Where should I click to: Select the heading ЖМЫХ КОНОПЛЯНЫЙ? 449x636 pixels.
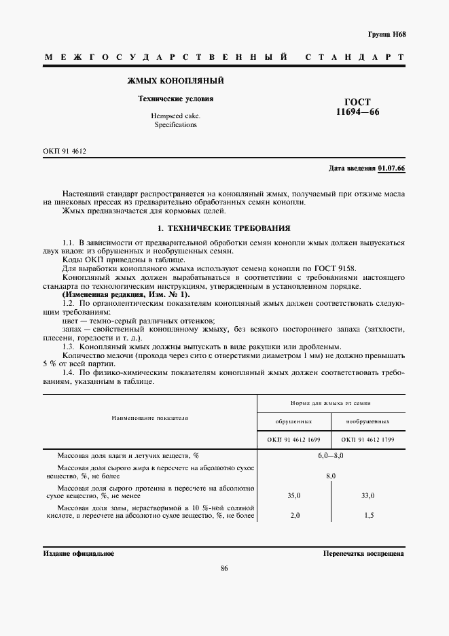point(176,82)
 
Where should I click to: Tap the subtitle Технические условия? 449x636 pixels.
point(176,99)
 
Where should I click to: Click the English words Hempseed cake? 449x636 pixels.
point(175,116)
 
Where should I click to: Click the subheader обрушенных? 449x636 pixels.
point(293,421)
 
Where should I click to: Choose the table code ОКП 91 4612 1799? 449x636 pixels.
point(367,439)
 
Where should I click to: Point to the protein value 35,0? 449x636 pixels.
point(293,496)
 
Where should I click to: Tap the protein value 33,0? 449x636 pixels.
point(367,496)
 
